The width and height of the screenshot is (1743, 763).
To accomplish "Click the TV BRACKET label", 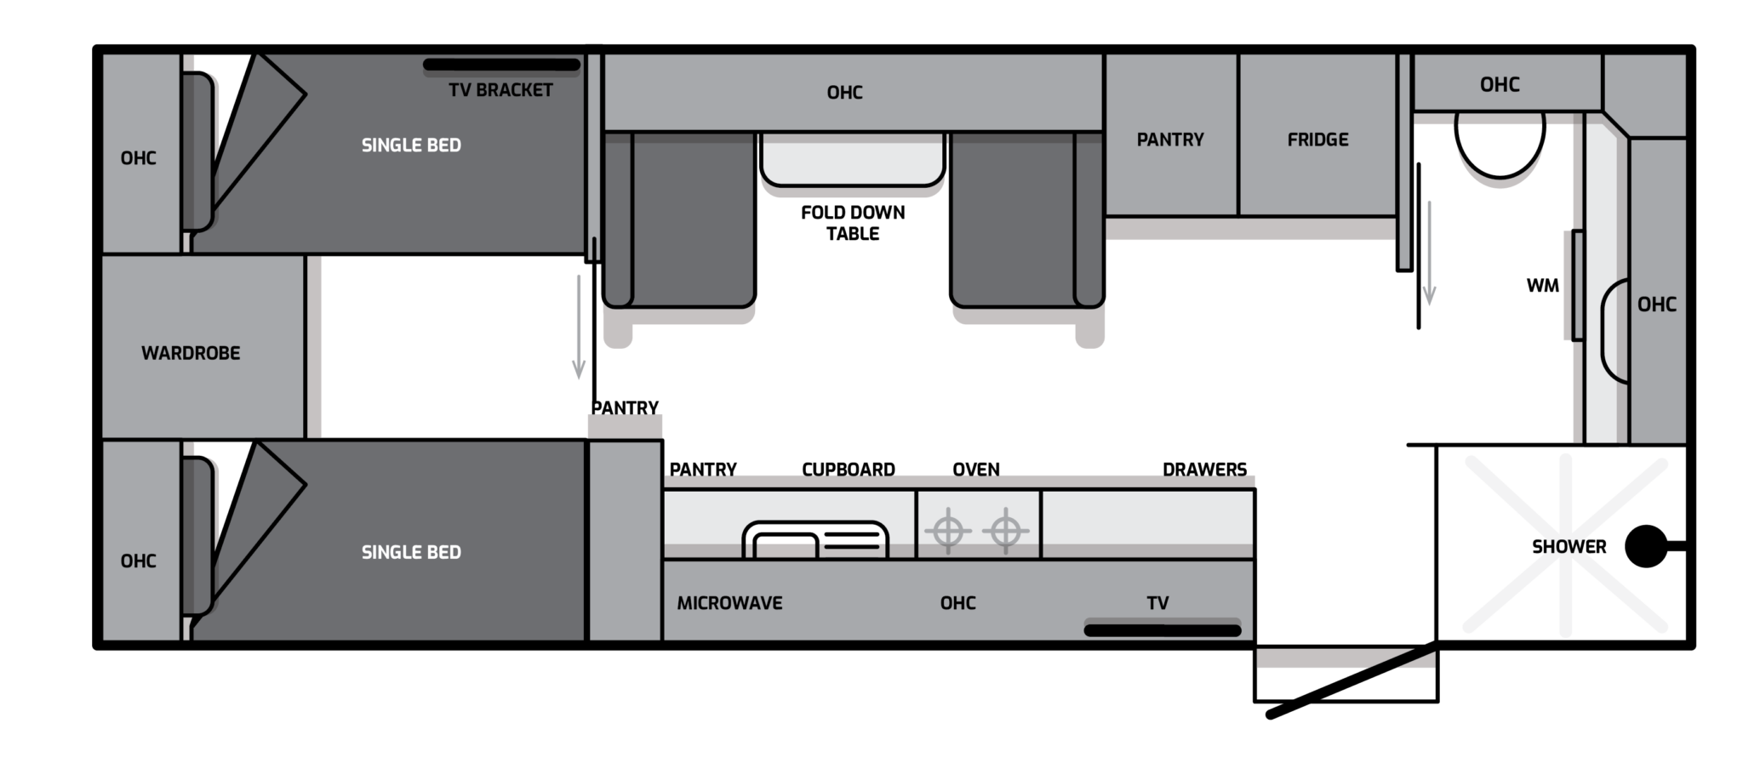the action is pos(500,90).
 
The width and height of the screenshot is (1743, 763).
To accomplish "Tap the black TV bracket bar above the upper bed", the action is pos(501,65).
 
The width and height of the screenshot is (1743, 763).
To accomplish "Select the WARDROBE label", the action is pos(191,353).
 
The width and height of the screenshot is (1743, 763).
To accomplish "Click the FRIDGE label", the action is pos(1317,140).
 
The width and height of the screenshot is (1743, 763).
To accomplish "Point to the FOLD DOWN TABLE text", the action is pos(853,223).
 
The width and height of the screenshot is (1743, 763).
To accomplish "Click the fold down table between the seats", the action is pos(852,159).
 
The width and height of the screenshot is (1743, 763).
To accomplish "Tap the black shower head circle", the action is pos(1646,546).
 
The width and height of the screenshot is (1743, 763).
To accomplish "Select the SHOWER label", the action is pos(1569,547).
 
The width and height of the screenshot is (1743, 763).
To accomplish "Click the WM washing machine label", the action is pos(1542,286).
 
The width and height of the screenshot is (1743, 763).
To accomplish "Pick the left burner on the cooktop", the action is pos(948,532).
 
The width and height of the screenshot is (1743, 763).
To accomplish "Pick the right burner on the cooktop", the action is pos(1006,532).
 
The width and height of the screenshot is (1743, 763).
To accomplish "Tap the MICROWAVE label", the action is pos(729,603).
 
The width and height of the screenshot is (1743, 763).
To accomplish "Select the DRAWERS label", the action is pos(1204,470).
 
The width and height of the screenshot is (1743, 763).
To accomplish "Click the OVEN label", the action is pos(976,470).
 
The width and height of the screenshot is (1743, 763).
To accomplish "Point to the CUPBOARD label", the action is pos(849,470).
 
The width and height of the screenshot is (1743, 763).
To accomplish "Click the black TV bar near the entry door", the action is pos(1163,630).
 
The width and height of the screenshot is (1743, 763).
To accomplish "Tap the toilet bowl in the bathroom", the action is pos(1500,145).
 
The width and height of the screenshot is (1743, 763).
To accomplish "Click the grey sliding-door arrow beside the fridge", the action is pos(1430,253).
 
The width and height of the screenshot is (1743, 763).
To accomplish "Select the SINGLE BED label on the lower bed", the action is pos(411,553).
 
